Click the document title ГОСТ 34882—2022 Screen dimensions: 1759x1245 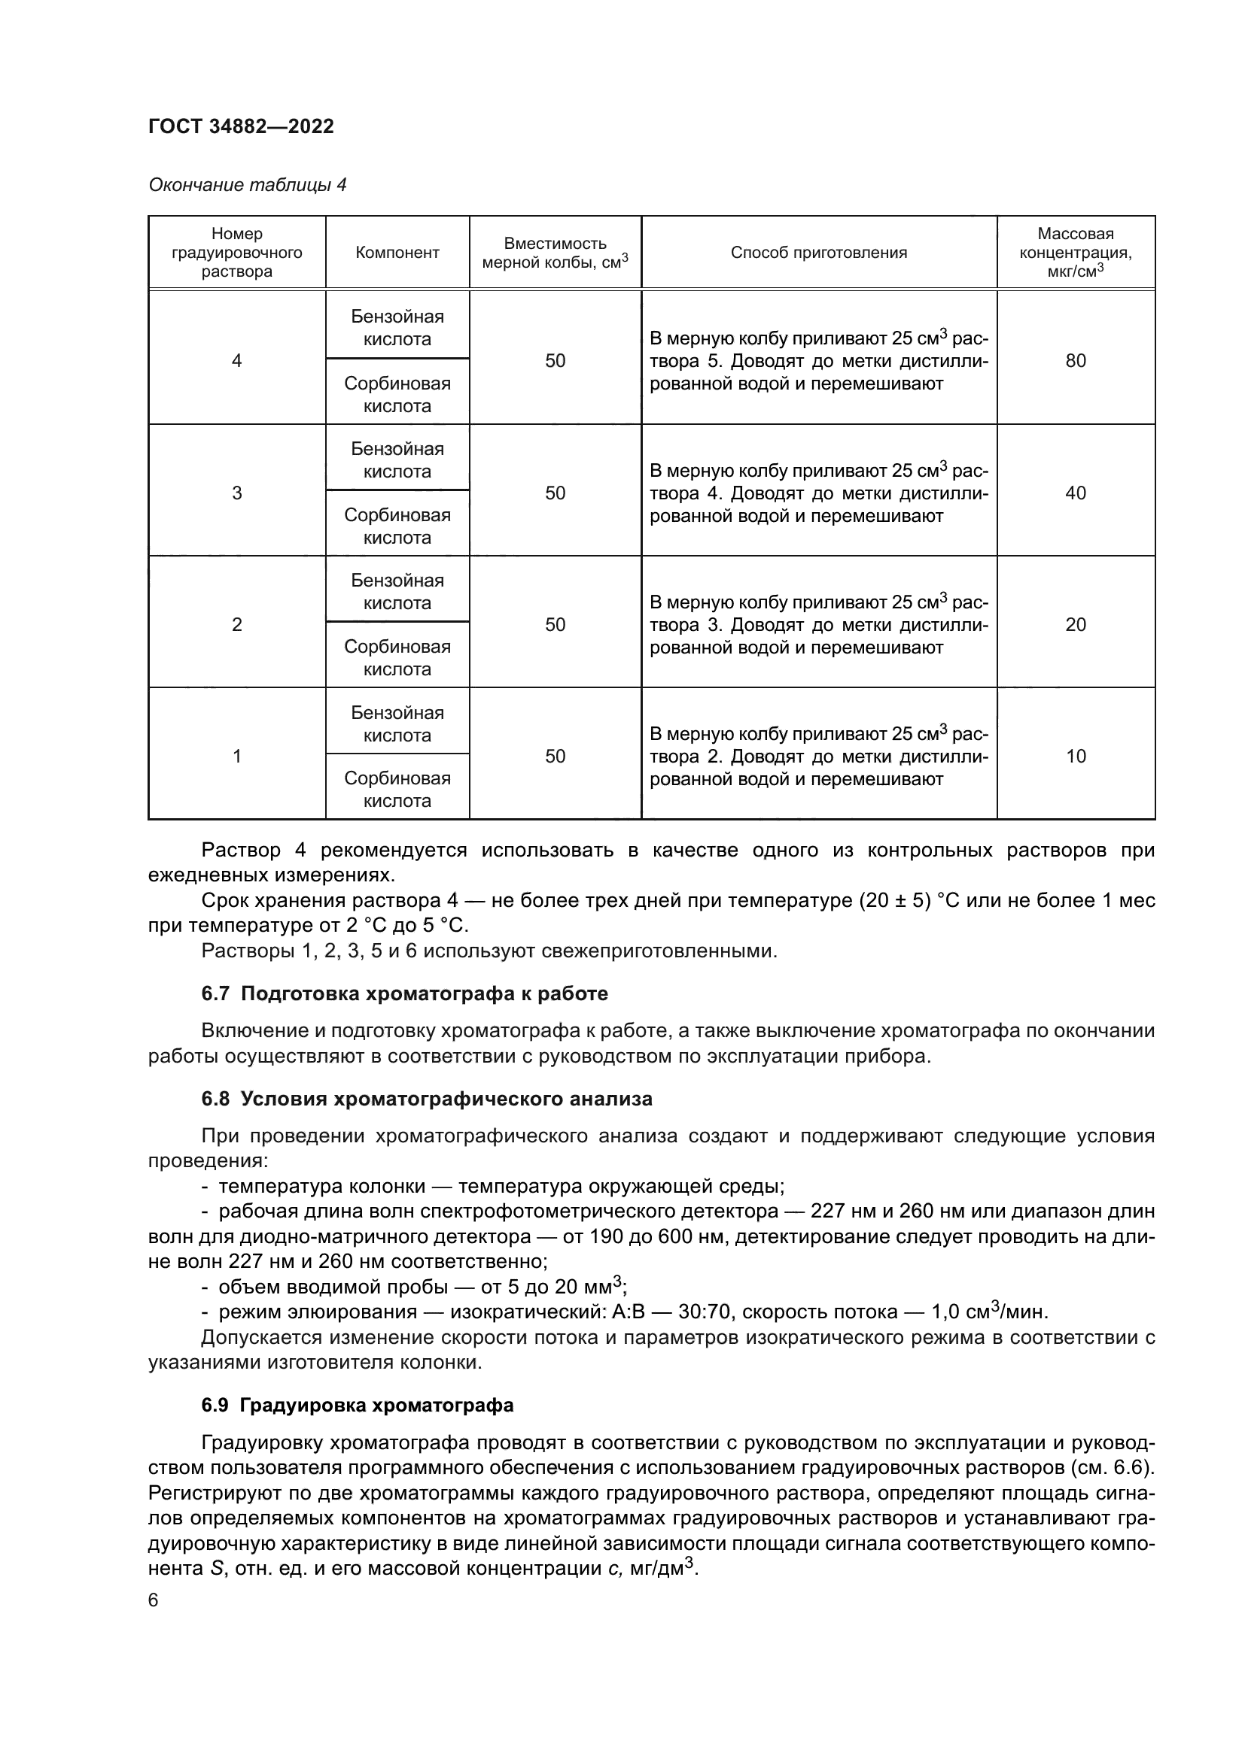pyautogui.click(x=241, y=126)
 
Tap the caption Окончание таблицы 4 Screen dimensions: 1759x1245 pyautogui.click(x=247, y=185)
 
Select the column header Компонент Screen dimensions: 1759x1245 pyautogui.click(x=397, y=253)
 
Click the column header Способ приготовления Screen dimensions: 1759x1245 pyautogui.click(x=818, y=253)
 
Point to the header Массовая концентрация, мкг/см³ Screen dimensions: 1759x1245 pyautogui.click(x=1075, y=252)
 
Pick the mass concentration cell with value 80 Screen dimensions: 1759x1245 pyautogui.click(x=1075, y=361)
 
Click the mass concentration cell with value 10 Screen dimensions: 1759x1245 pyautogui.click(x=1075, y=756)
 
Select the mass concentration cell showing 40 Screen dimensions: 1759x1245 pyautogui.click(x=1075, y=493)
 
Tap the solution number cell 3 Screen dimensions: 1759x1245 pyautogui.click(x=237, y=493)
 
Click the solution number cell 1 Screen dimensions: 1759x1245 pyautogui.click(x=237, y=756)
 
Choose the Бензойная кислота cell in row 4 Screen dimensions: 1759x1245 pyautogui.click(x=397, y=328)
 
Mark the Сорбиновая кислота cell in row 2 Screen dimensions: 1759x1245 pyautogui.click(x=397, y=657)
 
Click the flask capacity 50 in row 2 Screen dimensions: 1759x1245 pyautogui.click(x=555, y=624)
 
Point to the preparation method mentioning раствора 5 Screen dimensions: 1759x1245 pyautogui.click(x=818, y=361)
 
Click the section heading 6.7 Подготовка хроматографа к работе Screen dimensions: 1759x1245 pyautogui.click(x=405, y=993)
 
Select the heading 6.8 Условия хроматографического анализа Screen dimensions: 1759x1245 pyautogui.click(x=426, y=1099)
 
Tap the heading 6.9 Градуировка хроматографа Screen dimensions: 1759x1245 pyautogui.click(x=358, y=1405)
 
